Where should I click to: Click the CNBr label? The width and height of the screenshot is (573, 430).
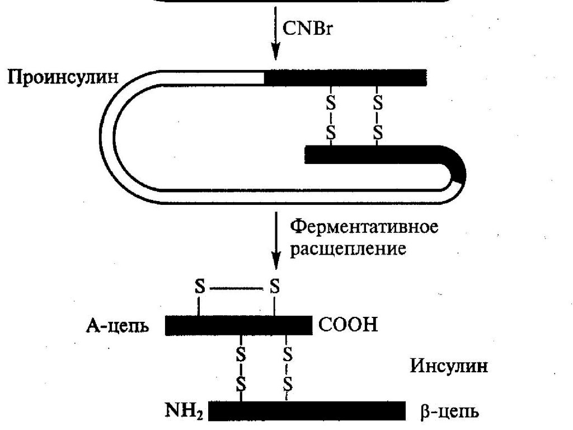coord(307,27)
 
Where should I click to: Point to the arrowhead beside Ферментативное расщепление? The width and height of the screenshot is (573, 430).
coord(275,260)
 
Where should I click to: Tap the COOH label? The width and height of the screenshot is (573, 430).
coord(347,325)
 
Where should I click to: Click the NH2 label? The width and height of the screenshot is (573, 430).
coord(185,413)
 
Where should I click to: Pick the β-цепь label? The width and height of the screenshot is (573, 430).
coord(449,413)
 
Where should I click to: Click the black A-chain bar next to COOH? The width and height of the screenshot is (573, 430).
coord(238,325)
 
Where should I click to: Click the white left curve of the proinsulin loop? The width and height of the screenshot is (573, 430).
coord(110,134)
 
